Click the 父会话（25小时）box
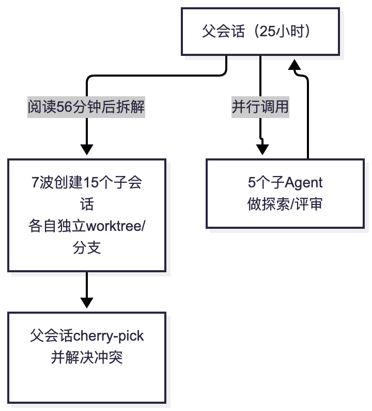(260, 32)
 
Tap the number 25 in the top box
(268, 31)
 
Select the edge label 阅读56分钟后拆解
(86, 107)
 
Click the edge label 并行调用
(260, 107)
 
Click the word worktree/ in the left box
(115, 226)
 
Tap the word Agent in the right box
(303, 183)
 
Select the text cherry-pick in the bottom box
(108, 336)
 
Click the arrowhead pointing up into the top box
(295, 65)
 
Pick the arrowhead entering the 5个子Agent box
(262, 150)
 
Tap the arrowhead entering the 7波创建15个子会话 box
(87, 150)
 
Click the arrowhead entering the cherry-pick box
(87, 303)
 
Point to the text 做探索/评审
(285, 204)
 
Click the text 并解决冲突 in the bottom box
(87, 357)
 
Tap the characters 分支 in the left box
(87, 248)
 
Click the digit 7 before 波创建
(35, 182)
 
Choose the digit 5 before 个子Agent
(252, 182)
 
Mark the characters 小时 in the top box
(290, 31)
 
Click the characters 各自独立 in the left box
(57, 226)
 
